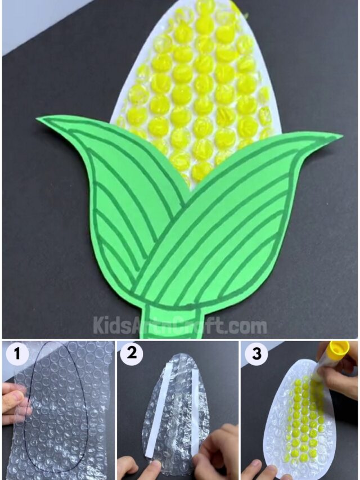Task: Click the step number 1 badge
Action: point(17,355)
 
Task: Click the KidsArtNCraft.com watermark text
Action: point(180,325)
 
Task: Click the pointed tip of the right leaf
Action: point(340,136)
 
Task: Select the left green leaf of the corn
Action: point(112,191)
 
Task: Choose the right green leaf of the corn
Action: point(236,225)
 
